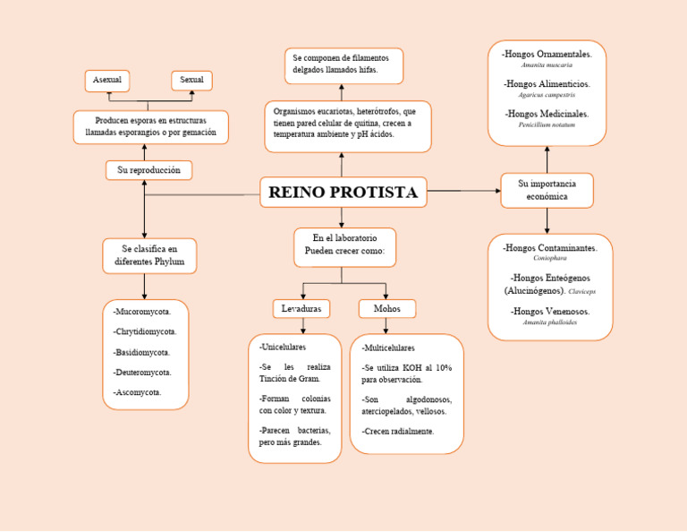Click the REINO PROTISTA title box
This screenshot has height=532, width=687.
(343, 192)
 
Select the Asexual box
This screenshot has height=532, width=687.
(107, 81)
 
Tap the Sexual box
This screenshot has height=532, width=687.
(191, 81)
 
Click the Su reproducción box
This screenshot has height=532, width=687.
(148, 170)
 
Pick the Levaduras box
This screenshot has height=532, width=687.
(301, 309)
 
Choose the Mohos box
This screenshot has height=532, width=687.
(386, 309)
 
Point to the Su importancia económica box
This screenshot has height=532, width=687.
(547, 190)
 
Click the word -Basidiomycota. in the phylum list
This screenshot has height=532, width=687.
(142, 353)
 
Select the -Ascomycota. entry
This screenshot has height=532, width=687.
(138, 392)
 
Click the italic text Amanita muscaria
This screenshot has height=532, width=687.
(547, 65)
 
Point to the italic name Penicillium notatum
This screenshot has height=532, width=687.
(547, 125)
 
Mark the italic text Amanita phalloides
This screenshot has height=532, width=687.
(549, 322)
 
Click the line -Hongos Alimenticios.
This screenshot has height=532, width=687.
(547, 84)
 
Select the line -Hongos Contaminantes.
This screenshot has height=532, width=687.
(549, 248)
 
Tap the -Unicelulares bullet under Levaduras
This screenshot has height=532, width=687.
(283, 347)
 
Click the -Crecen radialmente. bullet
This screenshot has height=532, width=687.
(398, 431)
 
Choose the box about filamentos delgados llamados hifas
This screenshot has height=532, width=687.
(343, 65)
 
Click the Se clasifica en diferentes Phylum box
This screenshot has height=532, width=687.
(149, 255)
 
